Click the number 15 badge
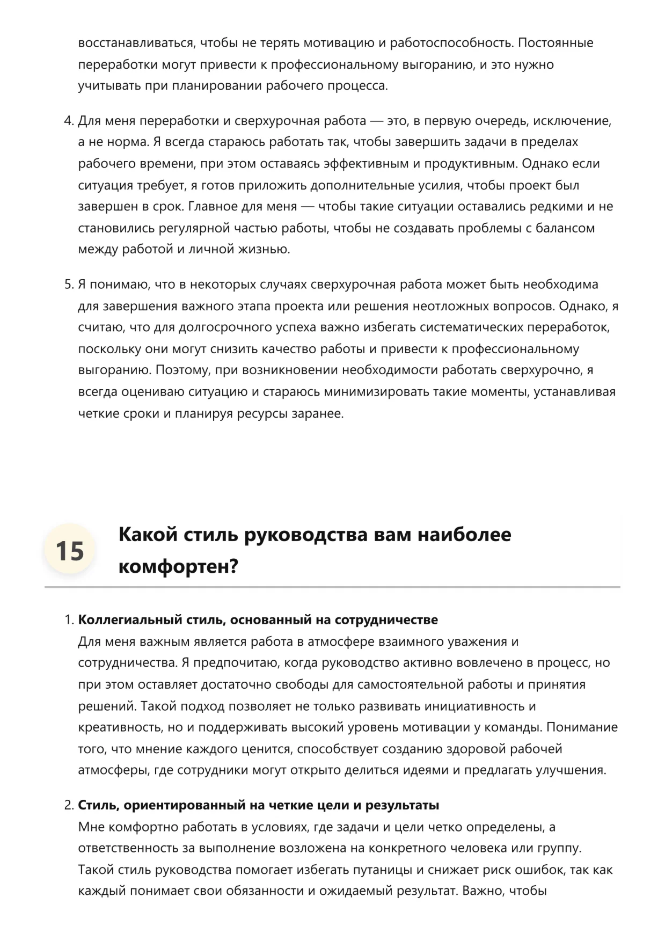(x=70, y=550)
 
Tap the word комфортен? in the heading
(x=178, y=566)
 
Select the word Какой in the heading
(x=148, y=535)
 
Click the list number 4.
(x=68, y=121)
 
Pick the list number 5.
(x=68, y=285)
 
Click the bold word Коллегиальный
(x=130, y=620)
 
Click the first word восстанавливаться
(x=136, y=43)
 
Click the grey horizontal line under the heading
(x=332, y=587)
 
